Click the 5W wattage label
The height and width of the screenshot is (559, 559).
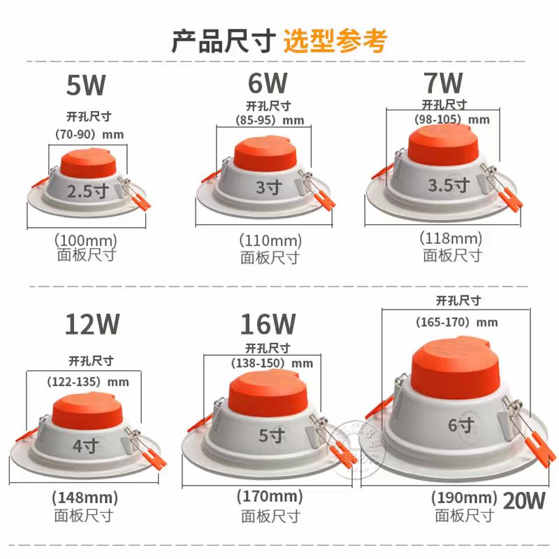(x=85, y=87)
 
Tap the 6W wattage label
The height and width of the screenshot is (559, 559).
(x=267, y=84)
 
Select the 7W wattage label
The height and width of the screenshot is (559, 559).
(x=443, y=84)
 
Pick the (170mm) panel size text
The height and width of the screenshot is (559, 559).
(x=271, y=498)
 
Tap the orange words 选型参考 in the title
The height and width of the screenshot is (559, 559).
(x=335, y=40)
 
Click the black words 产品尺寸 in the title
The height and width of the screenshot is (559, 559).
(x=224, y=40)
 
